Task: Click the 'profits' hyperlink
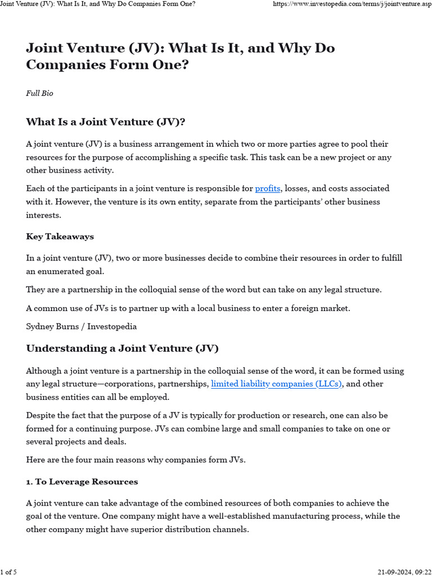tap(267, 188)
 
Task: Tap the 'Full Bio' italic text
tap(39, 93)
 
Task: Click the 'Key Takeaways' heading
tap(60, 237)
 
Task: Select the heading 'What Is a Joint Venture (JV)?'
tap(106, 122)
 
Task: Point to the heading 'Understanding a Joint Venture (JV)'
tap(122, 349)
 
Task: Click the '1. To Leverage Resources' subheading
tap(82, 482)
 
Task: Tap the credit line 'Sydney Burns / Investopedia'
tap(82, 326)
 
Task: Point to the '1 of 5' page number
tap(8, 572)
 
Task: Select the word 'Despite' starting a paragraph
tap(41, 415)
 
